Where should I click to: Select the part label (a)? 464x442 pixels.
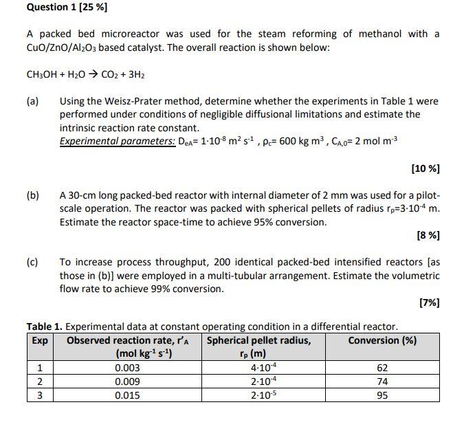(x=33, y=101)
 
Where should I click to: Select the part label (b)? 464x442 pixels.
(x=33, y=195)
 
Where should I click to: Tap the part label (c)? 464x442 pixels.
(x=32, y=262)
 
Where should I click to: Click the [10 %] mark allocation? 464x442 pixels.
(x=425, y=168)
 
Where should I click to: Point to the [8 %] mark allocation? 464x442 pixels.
(x=428, y=236)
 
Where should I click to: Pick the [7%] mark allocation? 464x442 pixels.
(x=429, y=302)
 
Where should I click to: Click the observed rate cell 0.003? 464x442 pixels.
(x=127, y=368)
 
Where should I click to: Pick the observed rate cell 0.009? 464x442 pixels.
(x=127, y=382)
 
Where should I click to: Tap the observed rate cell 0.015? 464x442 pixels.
(x=127, y=395)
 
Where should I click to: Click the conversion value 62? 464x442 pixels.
(x=382, y=368)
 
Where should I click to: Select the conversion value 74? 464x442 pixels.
(x=382, y=382)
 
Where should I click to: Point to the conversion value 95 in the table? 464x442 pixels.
(x=382, y=395)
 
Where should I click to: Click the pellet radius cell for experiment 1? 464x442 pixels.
(x=258, y=368)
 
